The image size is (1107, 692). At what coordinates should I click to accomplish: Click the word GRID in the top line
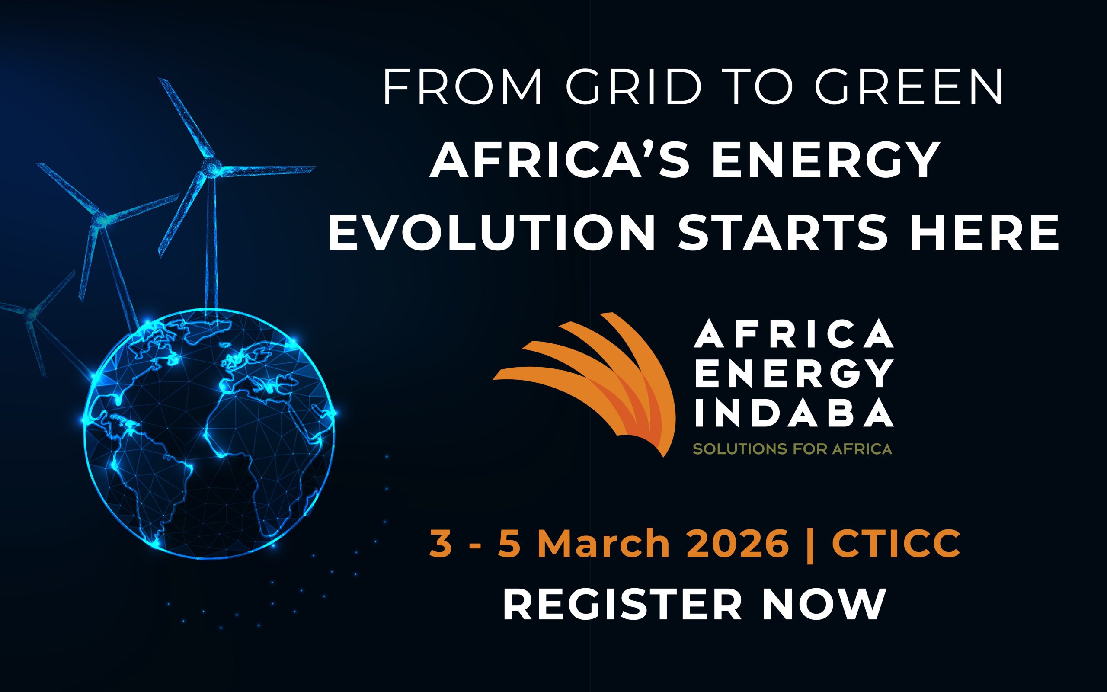[x=633, y=87]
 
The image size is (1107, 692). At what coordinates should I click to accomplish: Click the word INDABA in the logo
[x=793, y=412]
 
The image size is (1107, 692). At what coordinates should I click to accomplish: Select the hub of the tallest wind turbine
[x=211, y=165]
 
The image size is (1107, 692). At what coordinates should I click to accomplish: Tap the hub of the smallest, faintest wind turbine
[x=30, y=314]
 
